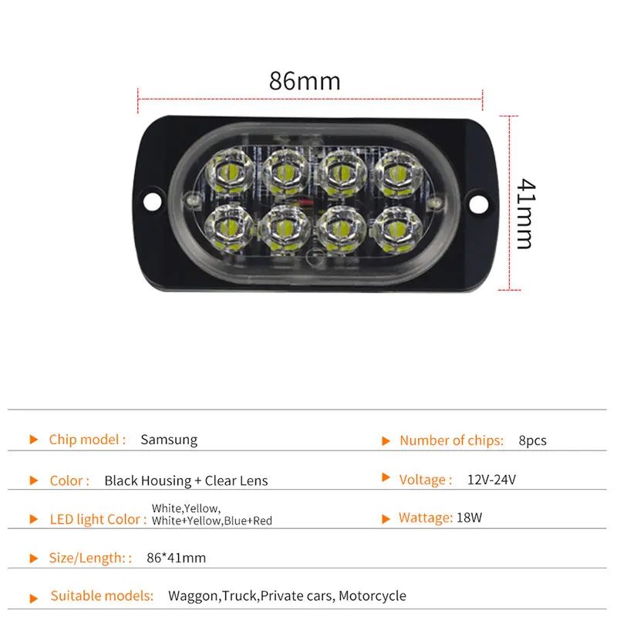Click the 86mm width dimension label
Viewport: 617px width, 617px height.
[x=305, y=81]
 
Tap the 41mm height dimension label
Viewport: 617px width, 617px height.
[x=524, y=214]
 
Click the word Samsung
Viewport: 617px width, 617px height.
[x=169, y=440]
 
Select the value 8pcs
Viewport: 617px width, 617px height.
[x=532, y=440]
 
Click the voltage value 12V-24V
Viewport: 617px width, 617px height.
[x=491, y=480]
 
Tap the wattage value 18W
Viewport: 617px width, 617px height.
[x=470, y=518]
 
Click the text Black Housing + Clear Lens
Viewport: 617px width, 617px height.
[x=186, y=480]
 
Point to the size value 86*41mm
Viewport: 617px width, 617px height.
[x=176, y=558]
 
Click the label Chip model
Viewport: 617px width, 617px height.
[x=87, y=440]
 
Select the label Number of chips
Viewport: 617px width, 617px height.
[x=451, y=440]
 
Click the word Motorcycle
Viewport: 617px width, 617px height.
[x=372, y=595]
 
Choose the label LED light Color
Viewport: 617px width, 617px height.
[x=98, y=519]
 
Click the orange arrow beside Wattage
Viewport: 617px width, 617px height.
[x=386, y=518]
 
